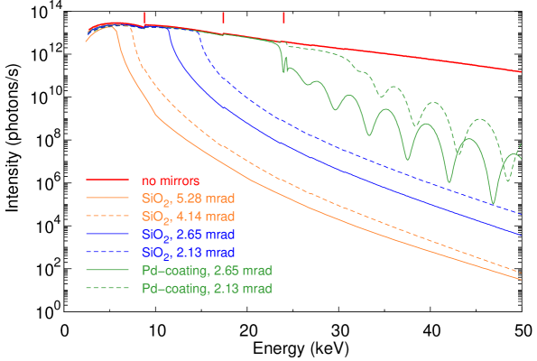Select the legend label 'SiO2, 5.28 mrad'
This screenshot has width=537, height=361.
tap(188, 198)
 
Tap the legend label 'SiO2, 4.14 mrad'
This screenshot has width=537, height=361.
tap(188, 217)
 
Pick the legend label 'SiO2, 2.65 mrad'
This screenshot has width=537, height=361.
tap(188, 235)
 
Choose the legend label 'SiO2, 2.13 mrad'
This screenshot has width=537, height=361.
tap(188, 253)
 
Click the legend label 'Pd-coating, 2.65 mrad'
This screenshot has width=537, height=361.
tap(207, 271)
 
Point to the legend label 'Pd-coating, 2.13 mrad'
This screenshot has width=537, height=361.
tap(207, 289)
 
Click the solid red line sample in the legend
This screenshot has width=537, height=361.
tap(106, 180)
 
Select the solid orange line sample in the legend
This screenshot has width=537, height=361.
tap(106, 198)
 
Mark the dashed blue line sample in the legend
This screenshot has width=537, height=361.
tap(106, 252)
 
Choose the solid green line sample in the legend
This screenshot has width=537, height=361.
tap(106, 270)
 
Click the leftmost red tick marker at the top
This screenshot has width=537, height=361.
tap(144, 18)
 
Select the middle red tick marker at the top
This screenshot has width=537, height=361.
tap(223, 18)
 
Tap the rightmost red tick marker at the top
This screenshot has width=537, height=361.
tap(283, 18)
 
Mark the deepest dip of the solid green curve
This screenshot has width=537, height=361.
tap(492, 201)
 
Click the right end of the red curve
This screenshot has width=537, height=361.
tap(522, 71)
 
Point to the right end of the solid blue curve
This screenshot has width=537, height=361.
tap(522, 235)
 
